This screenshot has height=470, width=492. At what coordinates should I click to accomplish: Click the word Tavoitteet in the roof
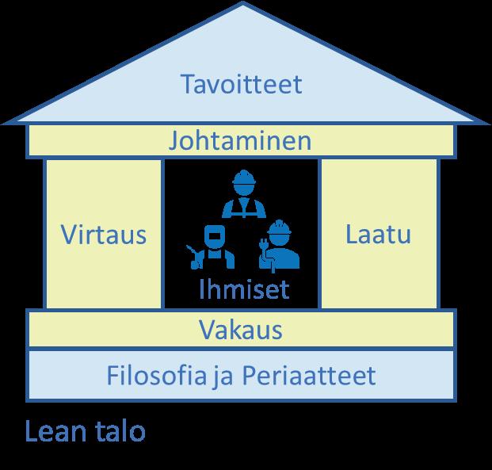pos(241,83)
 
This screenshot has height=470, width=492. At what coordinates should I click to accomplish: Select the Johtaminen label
pos(239,142)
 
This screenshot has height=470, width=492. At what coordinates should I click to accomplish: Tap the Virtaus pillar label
pos(103,235)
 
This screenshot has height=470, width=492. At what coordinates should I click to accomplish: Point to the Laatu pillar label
pos(379,235)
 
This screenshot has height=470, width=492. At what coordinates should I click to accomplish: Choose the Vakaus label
pos(241,329)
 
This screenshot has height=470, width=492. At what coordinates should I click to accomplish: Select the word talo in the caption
pos(118,431)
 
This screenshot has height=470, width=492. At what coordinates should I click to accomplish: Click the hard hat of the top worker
pos(242,178)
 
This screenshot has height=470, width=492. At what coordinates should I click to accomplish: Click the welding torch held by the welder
pos(191,252)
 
